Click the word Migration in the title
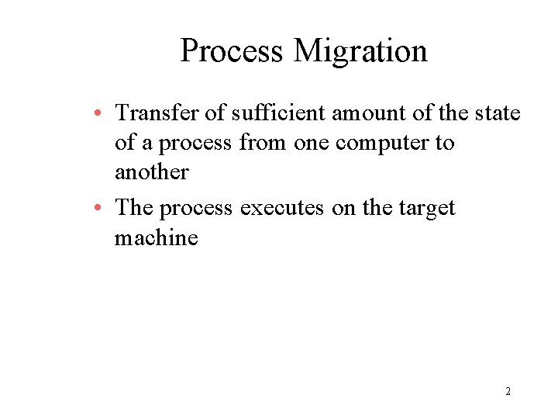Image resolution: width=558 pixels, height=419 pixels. (x=360, y=52)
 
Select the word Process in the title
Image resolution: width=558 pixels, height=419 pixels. (x=232, y=52)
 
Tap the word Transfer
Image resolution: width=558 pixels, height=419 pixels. (x=157, y=113)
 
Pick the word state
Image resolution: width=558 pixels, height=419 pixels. (x=495, y=113)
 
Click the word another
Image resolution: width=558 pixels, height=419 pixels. (x=151, y=171)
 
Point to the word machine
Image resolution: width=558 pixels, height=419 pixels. (x=156, y=237)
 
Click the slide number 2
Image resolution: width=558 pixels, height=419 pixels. (x=508, y=391)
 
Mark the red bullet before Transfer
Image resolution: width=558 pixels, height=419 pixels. (x=102, y=114)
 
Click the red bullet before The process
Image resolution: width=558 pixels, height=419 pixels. (x=102, y=209)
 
